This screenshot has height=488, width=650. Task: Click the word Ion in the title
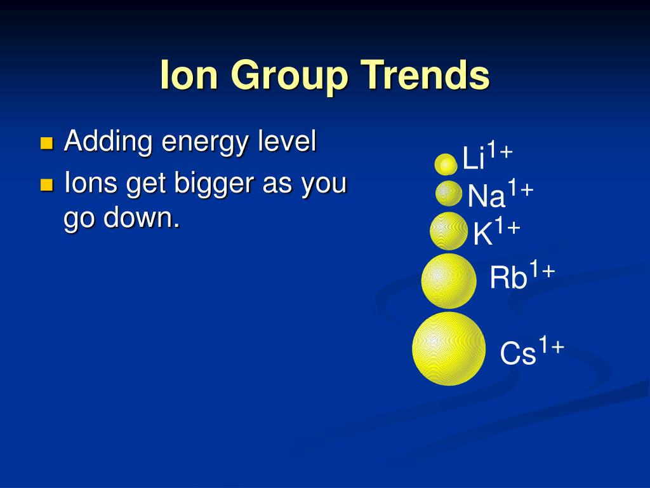pos(189,75)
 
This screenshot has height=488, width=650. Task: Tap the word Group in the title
pos(289,77)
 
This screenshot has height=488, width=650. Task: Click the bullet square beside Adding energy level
pos(47,143)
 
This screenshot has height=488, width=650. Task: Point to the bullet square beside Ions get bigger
pos(47,185)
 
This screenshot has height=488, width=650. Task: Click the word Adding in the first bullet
pos(109,141)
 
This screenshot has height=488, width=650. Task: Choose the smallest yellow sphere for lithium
pos(446,165)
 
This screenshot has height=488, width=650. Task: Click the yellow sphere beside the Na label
pos(449,193)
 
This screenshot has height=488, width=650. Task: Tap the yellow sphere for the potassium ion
pos(449,231)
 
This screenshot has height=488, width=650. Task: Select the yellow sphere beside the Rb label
pos(449,281)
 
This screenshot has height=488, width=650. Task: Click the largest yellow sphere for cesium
pos(449,349)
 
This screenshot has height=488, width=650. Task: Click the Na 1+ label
pos(500,193)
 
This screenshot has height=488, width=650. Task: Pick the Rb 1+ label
pos(522,274)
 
